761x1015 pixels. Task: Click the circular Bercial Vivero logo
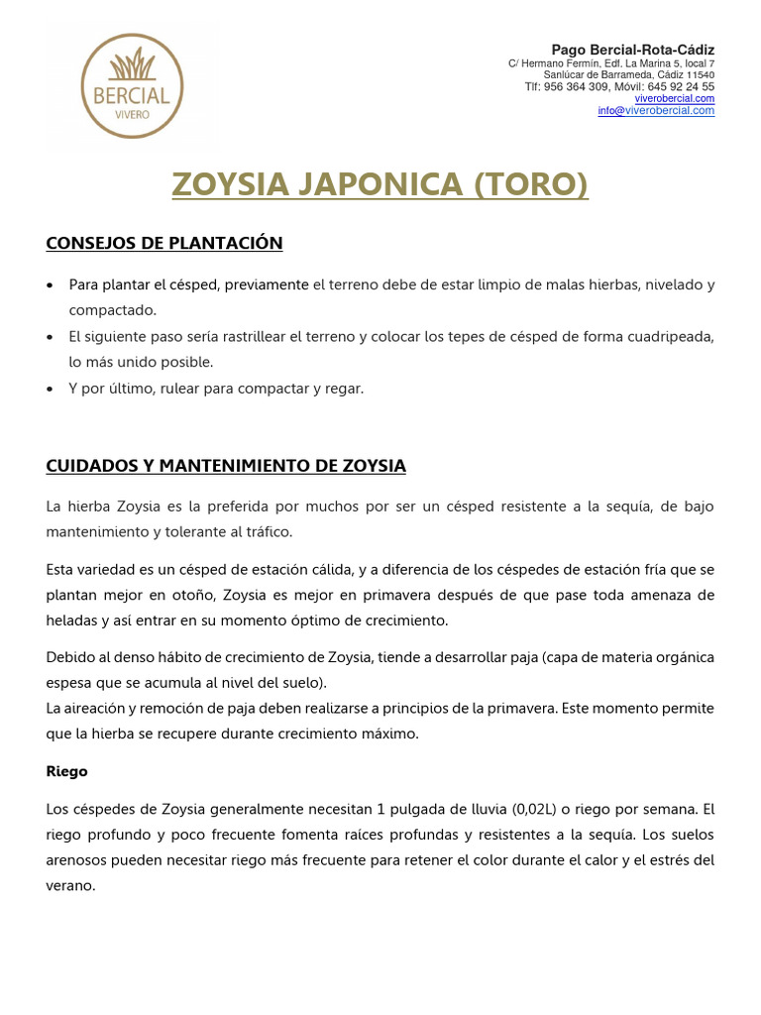pos(131,86)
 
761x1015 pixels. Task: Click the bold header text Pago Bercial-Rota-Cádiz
pos(632,50)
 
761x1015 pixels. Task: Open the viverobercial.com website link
pos(674,99)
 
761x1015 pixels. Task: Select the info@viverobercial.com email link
pos(655,111)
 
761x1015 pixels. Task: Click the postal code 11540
pos(701,75)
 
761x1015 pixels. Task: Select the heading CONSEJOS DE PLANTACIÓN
pos(164,243)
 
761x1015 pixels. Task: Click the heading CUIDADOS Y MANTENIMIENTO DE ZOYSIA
pos(226,466)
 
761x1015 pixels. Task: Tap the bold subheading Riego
pos(67,771)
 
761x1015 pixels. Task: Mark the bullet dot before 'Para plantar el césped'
pos(51,285)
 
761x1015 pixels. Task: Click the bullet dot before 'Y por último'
pos(51,390)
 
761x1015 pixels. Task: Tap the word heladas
pos(73,621)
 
